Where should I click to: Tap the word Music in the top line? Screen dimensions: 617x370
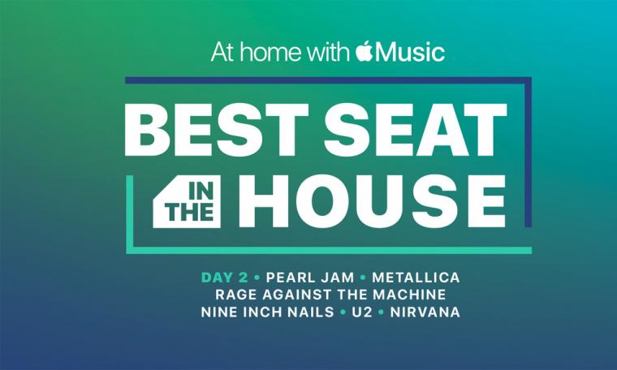[x=410, y=52]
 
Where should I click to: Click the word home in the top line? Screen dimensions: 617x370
[x=271, y=52]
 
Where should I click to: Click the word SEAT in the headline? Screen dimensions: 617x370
[x=416, y=129]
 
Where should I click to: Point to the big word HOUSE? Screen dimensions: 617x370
[x=377, y=201]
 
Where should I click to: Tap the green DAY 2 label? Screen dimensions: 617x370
[x=224, y=277]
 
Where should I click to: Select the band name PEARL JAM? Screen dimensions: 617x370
[x=310, y=277]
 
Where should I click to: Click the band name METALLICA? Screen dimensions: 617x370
[x=416, y=277]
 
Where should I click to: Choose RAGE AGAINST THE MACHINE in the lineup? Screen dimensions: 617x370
[x=330, y=295]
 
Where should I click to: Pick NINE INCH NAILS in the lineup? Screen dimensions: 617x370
[x=267, y=312]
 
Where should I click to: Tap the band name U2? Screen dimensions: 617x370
[x=361, y=312]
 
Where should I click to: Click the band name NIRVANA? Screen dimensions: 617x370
[x=425, y=312]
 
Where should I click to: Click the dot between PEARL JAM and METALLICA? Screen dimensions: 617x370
[x=363, y=277]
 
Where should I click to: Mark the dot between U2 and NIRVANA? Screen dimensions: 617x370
[x=381, y=312]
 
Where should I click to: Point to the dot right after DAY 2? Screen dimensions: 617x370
[x=257, y=277]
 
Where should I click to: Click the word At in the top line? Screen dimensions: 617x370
[x=222, y=52]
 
